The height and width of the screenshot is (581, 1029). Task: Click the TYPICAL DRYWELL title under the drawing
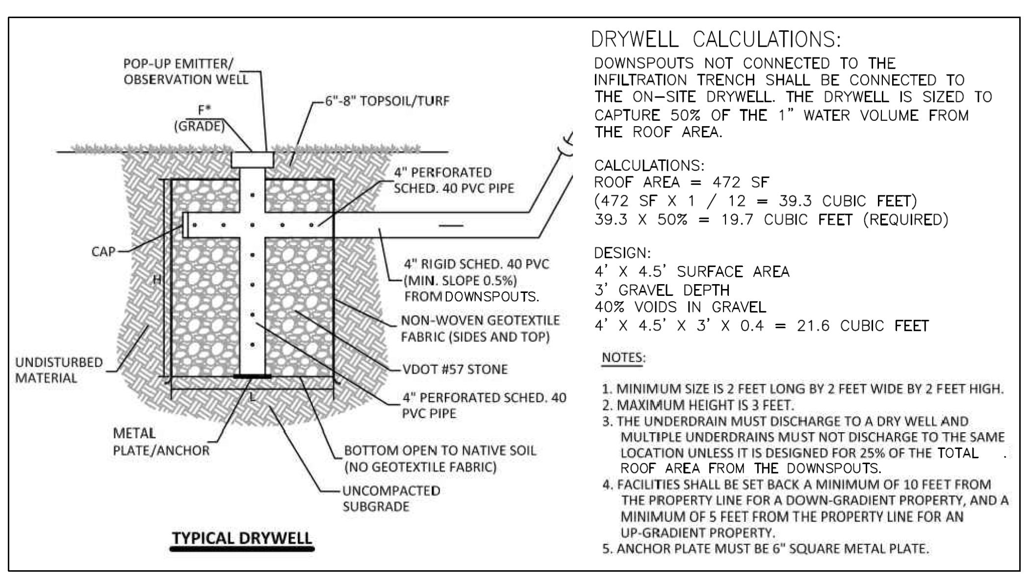(242, 538)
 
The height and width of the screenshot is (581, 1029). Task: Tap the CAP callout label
(103, 252)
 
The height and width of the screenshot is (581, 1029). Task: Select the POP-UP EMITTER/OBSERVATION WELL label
(185, 72)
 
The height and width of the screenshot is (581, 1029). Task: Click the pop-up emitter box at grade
(252, 159)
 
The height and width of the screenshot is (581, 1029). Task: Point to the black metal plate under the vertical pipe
(252, 377)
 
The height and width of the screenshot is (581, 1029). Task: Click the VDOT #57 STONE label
(455, 369)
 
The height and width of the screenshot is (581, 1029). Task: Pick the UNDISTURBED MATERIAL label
(59, 370)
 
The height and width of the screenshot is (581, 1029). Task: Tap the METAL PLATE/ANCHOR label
(161, 442)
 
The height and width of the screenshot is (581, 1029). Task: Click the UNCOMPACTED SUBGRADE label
(391, 499)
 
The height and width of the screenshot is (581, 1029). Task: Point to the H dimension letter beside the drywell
(156, 280)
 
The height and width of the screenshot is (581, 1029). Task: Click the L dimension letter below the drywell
(253, 398)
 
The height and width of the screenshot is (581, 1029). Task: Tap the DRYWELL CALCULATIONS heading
(716, 39)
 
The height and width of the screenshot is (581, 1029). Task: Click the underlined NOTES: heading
(623, 358)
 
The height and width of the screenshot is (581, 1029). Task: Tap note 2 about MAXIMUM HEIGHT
(697, 405)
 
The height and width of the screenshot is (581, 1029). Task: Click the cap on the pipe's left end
(185, 225)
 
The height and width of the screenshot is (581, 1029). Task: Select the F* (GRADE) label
(199, 118)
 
